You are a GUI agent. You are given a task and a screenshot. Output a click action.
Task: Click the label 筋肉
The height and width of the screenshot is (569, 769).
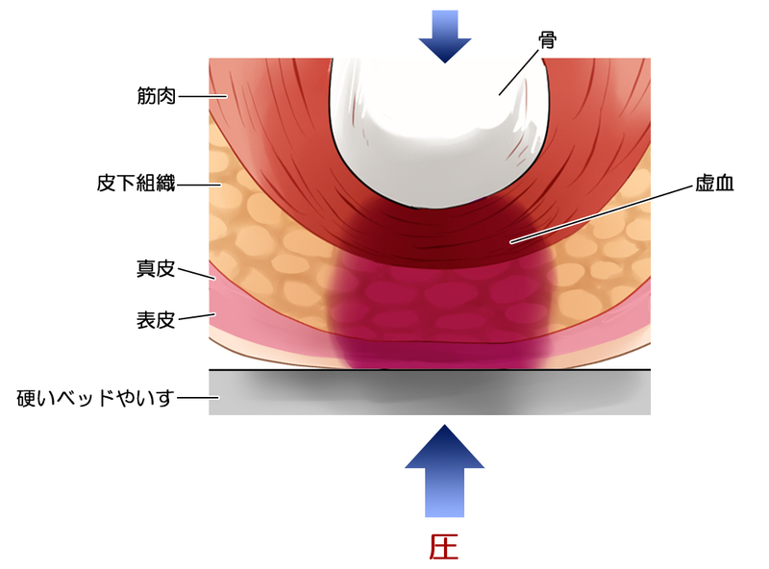156,96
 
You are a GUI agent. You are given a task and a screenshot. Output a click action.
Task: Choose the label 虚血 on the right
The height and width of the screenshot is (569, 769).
713,183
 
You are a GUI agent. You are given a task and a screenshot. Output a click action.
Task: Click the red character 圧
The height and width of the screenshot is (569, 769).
443,546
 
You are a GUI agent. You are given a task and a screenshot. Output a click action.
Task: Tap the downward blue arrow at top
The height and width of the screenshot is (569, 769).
444,37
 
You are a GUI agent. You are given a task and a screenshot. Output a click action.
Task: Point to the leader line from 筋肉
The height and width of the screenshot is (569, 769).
202,96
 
